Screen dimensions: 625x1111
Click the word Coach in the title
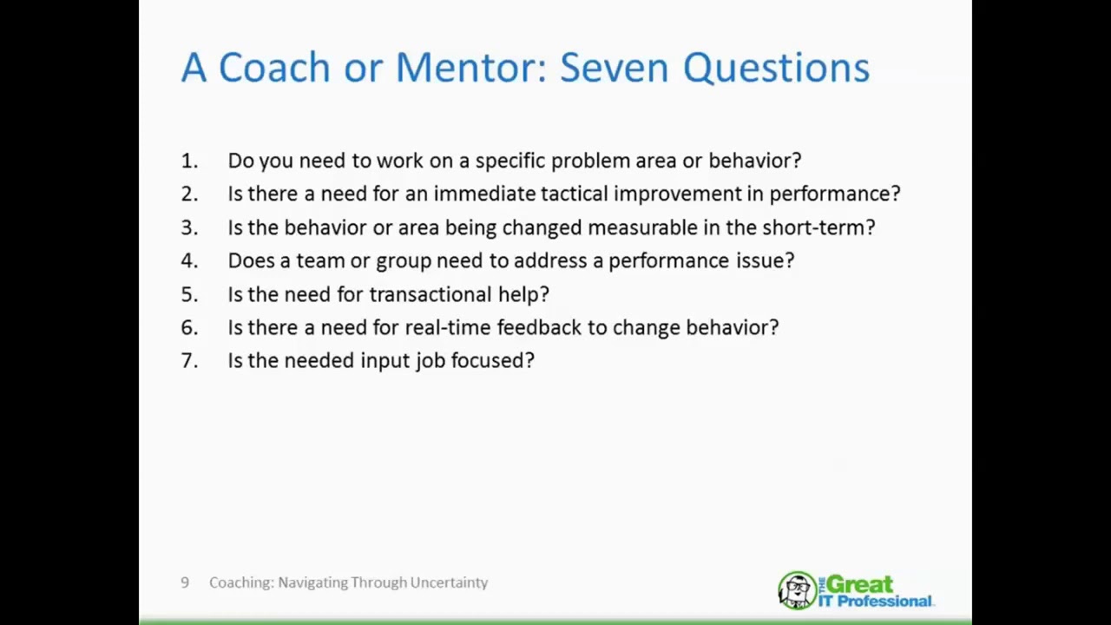[x=273, y=68]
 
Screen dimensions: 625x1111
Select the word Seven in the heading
[x=615, y=68]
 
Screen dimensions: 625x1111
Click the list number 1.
[x=188, y=161]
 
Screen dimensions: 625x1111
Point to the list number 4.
[x=188, y=260]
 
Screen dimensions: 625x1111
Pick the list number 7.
[x=188, y=360]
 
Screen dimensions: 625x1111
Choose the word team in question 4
[x=320, y=260]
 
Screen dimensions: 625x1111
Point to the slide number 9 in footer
[x=185, y=582]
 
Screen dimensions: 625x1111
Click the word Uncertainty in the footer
[x=449, y=582]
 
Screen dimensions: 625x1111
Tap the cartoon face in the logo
[x=796, y=591]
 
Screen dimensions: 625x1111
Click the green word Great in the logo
[x=859, y=583]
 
